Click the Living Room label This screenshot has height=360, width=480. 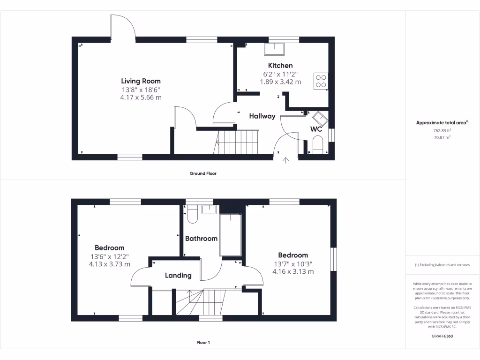(141, 81)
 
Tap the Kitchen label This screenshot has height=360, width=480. (280, 66)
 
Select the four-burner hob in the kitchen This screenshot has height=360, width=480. (321, 81)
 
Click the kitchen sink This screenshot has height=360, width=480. (274, 49)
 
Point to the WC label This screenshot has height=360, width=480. (316, 129)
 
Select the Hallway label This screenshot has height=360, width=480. (262, 116)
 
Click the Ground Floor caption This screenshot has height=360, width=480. (203, 173)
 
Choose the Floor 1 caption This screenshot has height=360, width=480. (203, 343)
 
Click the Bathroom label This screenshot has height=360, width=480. (201, 239)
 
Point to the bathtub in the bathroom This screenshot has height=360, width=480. (230, 234)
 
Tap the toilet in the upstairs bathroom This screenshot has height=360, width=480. (192, 215)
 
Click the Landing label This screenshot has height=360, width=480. (178, 276)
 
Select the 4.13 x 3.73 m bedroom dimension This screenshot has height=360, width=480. (109, 264)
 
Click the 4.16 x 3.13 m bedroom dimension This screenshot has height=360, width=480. (293, 271)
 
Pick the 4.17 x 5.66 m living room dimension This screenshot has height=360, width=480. (141, 97)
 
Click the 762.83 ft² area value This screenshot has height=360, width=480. (442, 130)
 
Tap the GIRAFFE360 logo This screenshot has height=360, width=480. (442, 336)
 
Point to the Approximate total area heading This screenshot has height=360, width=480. (442, 122)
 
